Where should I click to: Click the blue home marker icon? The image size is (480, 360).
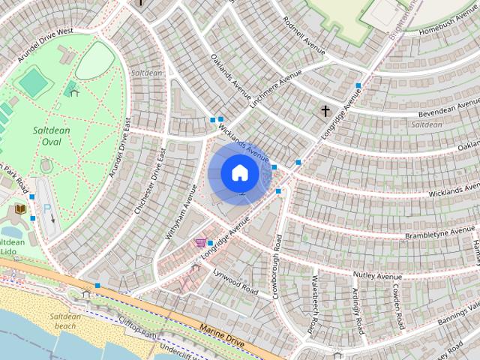(x=240, y=173)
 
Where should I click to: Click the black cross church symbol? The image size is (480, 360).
(x=325, y=112)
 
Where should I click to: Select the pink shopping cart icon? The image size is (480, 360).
(x=200, y=242)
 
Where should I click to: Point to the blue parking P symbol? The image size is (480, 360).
(x=46, y=208)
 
